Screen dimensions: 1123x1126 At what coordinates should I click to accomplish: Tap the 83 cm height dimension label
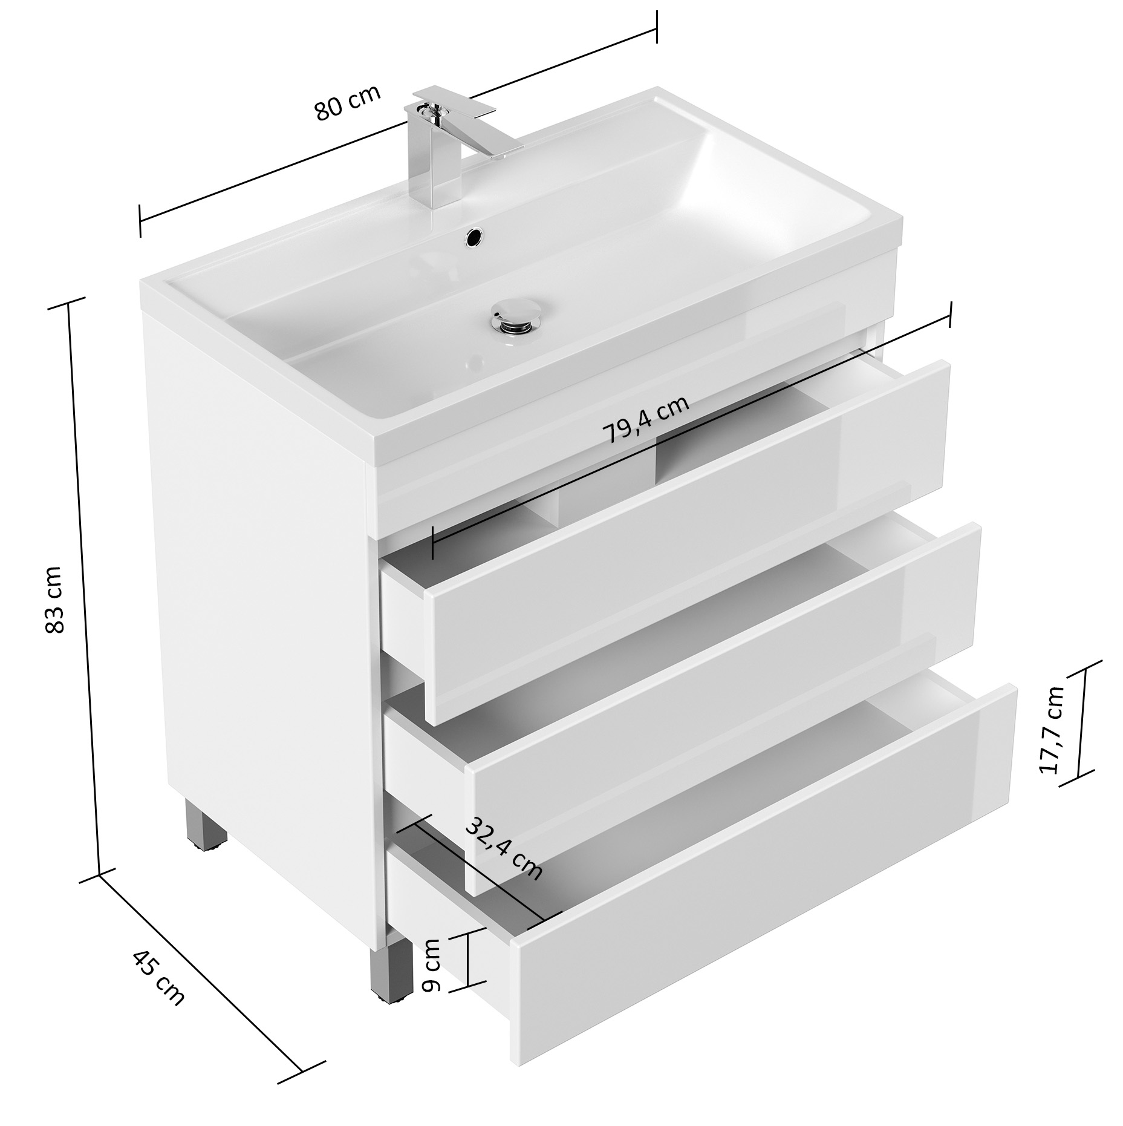[55, 600]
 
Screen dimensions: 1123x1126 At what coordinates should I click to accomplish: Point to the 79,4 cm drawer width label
[646, 420]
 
